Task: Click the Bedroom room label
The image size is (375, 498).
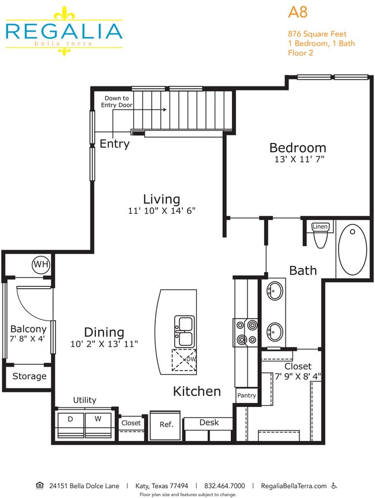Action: pyautogui.click(x=297, y=148)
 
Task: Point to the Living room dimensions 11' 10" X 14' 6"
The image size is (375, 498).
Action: pyautogui.click(x=162, y=211)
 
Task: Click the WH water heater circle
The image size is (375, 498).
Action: pyautogui.click(x=40, y=265)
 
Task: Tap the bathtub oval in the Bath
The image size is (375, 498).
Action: pyautogui.click(x=352, y=250)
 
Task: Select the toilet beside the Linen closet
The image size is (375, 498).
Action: pyautogui.click(x=320, y=239)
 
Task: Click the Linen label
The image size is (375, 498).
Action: pyautogui.click(x=320, y=227)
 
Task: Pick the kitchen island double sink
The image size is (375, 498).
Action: pyautogui.click(x=185, y=331)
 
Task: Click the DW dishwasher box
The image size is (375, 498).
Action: pyautogui.click(x=185, y=361)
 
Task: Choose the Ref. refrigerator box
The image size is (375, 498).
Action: pyautogui.click(x=166, y=424)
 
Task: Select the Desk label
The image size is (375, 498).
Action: pyautogui.click(x=209, y=422)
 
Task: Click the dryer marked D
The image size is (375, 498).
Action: pyautogui.click(x=70, y=419)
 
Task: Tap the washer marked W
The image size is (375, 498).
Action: pyautogui.click(x=97, y=419)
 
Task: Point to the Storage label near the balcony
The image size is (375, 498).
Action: pyautogui.click(x=29, y=376)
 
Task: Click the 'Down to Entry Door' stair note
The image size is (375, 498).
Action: pyautogui.click(x=117, y=101)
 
